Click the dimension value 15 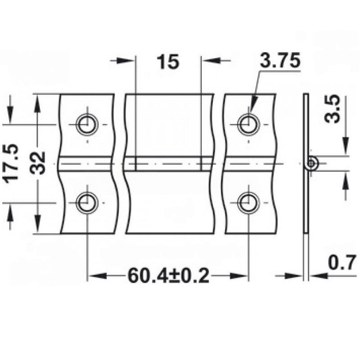(168, 61)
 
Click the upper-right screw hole (248, 124)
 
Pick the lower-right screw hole (248, 203)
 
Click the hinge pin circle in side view (311, 164)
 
